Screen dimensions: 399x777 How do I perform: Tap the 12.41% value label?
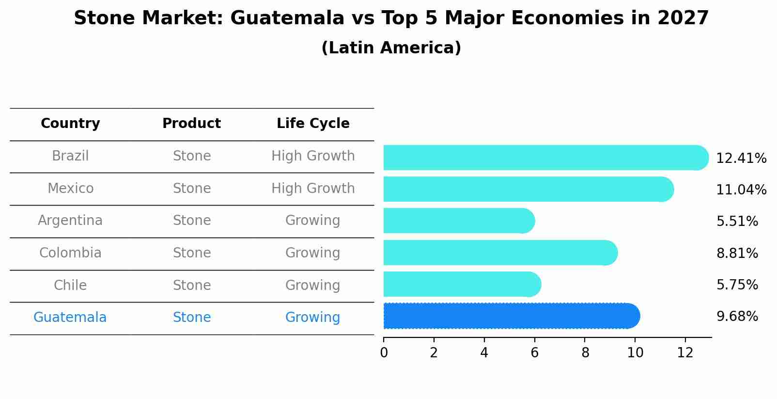pyautogui.click(x=741, y=159)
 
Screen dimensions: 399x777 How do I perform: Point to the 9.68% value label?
pyautogui.click(x=737, y=317)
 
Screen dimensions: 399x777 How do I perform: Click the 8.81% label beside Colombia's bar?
pyautogui.click(x=737, y=254)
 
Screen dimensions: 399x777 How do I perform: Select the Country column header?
pyautogui.click(x=70, y=124)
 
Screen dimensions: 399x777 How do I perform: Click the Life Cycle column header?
pyautogui.click(x=313, y=124)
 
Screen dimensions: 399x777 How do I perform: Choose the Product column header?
pyautogui.click(x=191, y=124)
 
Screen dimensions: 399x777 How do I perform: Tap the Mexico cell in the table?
pyautogui.click(x=70, y=188)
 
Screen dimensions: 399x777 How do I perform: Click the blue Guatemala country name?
pyautogui.click(x=70, y=318)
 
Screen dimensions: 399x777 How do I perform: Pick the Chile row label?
pyautogui.click(x=70, y=285)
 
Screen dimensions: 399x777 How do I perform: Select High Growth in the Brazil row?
pyautogui.click(x=313, y=156)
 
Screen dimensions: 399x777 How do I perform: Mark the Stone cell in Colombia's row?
pyautogui.click(x=192, y=253)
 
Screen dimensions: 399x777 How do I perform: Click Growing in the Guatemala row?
pyautogui.click(x=312, y=318)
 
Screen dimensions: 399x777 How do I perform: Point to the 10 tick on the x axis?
pyautogui.click(x=635, y=353)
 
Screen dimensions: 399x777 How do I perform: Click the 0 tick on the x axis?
pyautogui.click(x=384, y=353)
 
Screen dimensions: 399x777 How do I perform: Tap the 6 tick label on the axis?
pyautogui.click(x=534, y=353)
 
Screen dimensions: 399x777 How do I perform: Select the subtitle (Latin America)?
pyautogui.click(x=391, y=48)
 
